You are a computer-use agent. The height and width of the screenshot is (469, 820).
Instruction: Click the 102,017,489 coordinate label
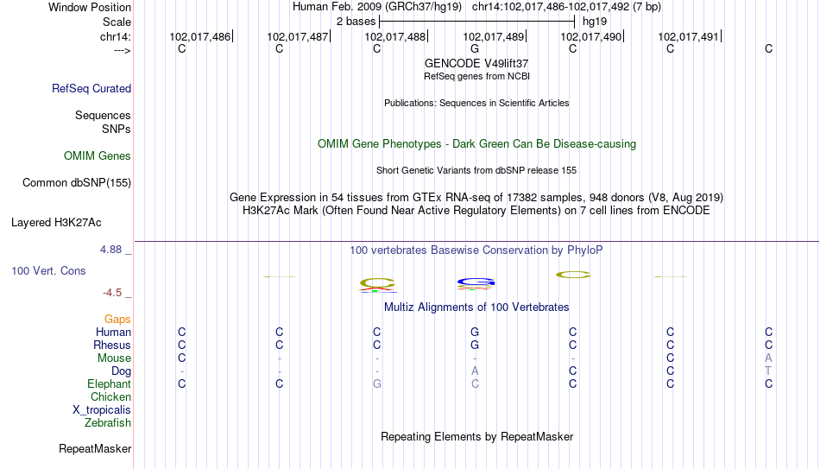[493, 36]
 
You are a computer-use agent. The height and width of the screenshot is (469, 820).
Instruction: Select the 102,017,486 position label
[199, 36]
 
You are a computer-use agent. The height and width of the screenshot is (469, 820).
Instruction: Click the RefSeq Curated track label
[91, 88]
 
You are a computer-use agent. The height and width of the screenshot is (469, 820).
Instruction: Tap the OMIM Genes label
[98, 156]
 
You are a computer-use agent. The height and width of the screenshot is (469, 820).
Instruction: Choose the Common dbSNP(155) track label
[77, 183]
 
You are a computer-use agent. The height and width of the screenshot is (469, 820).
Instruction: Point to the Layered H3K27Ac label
[56, 223]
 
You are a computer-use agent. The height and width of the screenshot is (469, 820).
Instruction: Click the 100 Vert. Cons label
[48, 270]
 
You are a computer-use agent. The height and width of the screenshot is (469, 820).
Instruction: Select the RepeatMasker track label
[95, 448]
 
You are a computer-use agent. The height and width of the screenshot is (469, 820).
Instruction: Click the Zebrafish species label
[108, 422]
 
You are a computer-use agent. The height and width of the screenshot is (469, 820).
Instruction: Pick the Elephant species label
[109, 383]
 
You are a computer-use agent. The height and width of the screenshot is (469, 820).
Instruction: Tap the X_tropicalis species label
[102, 410]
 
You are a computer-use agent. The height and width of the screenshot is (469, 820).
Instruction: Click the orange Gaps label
[117, 320]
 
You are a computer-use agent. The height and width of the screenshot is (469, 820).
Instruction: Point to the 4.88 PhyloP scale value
[110, 250]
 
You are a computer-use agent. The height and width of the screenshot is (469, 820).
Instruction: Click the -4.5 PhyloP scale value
[112, 293]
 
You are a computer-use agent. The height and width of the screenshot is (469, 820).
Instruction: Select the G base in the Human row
[475, 332]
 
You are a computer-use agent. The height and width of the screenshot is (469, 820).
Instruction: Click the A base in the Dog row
[475, 371]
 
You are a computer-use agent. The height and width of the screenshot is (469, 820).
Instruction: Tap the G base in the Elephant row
[377, 383]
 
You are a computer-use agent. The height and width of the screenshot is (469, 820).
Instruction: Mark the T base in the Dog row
[768, 371]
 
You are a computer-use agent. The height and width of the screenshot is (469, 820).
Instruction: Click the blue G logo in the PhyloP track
[476, 282]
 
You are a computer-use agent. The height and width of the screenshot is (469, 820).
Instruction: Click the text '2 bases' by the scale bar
[356, 22]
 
